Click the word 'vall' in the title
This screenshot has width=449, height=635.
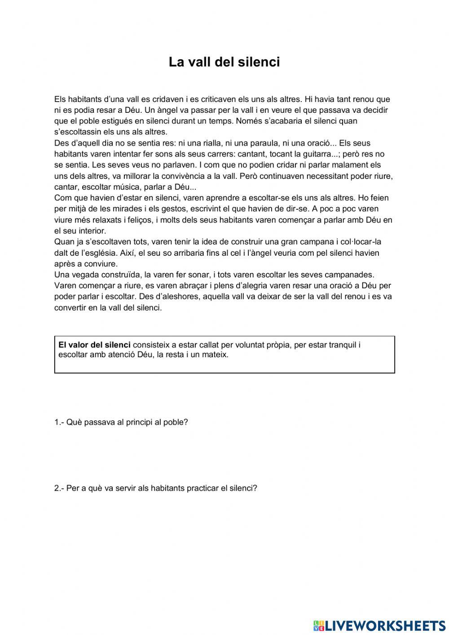[199, 62]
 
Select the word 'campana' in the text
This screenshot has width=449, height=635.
[314, 242]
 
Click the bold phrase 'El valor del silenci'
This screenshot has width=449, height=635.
[94, 345]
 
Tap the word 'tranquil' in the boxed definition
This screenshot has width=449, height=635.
[343, 345]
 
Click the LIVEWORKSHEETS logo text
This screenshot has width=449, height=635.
[385, 626]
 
